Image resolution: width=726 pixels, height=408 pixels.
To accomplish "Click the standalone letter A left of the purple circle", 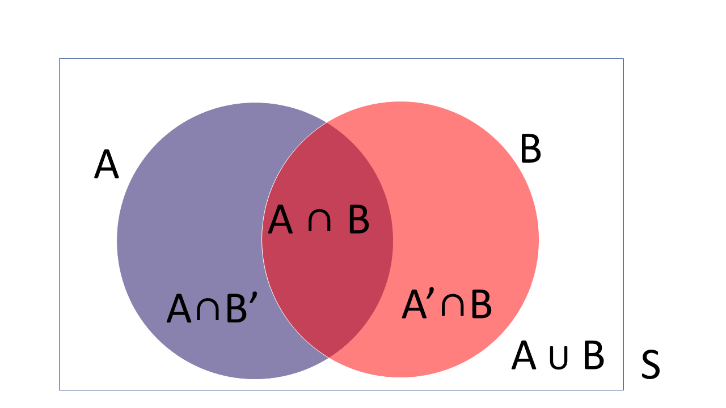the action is coord(106,164).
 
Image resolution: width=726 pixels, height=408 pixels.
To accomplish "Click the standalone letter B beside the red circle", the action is coord(530,148).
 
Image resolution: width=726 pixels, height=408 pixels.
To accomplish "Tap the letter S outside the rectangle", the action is coord(651,364).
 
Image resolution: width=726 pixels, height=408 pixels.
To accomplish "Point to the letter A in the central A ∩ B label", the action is coord(280,219).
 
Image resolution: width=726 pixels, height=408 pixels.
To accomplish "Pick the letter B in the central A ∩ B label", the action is coord(359,219).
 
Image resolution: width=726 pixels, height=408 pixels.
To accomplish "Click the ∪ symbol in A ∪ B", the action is coord(559,358).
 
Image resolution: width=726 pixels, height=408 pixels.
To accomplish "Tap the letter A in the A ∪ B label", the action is coord(524,355).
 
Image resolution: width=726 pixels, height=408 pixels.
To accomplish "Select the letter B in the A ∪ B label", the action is coord(594,355).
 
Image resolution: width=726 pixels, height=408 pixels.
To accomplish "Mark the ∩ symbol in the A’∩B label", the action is coord(453,307).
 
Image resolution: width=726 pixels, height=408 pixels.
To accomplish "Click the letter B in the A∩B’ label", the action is coord(237,309).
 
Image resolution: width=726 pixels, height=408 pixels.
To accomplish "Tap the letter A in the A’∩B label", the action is coord(414,304).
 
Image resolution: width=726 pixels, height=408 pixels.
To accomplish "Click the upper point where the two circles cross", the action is coord(327,123).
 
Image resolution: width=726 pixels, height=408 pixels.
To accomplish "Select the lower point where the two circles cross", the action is coord(328,358).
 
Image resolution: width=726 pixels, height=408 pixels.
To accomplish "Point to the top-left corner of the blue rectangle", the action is coord(60,59).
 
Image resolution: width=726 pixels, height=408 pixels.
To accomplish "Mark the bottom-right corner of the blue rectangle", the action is coord(623,390).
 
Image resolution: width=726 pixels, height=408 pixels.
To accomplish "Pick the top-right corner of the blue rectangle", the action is coord(623,59).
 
